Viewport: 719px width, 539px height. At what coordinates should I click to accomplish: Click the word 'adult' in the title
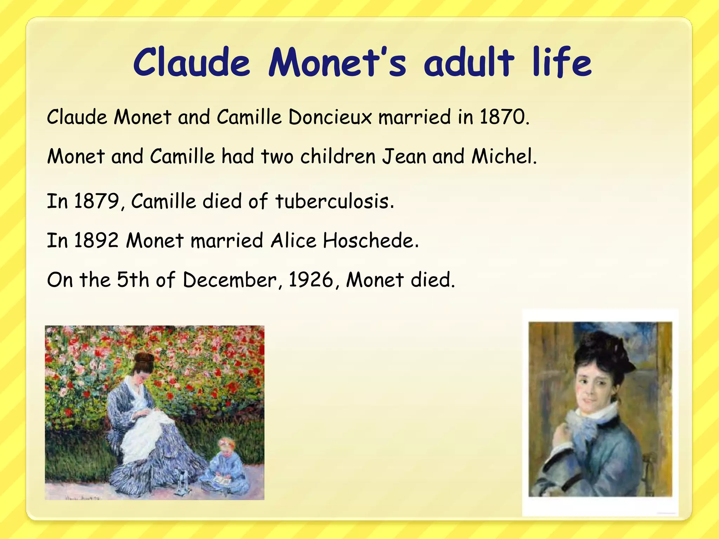click(469, 63)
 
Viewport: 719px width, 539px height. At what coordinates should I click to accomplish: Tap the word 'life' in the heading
click(562, 63)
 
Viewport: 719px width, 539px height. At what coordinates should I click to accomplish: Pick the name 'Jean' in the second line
click(404, 157)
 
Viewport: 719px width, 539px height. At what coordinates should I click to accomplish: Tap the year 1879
click(97, 201)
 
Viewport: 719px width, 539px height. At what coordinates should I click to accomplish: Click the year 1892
click(97, 241)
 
